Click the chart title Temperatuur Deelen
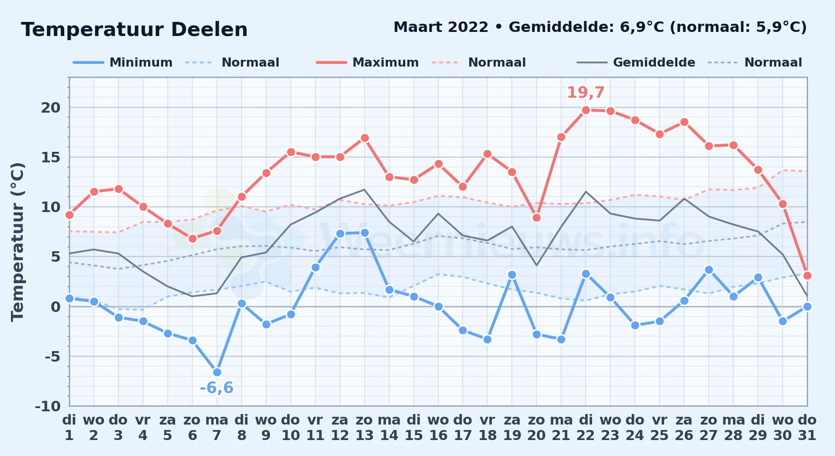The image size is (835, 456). [134, 30]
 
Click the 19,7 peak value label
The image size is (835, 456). [586, 93]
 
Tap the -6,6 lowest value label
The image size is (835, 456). [217, 388]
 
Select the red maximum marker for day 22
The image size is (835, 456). [586, 110]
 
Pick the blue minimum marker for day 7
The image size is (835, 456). [217, 372]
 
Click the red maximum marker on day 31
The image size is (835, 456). [807, 275]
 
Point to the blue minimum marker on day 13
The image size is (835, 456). [365, 233]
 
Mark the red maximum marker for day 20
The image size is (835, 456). [536, 218]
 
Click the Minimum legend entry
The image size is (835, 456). [123, 62]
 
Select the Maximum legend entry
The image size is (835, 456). [367, 62]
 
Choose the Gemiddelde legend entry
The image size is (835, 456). [636, 62]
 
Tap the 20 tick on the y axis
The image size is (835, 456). [51, 108]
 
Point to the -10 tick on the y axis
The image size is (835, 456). [47, 406]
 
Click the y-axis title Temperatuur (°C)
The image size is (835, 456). [17, 242]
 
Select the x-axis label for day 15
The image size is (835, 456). [414, 427]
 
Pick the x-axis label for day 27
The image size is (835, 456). [709, 427]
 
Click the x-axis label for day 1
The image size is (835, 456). [69, 427]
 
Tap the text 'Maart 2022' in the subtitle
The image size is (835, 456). [441, 27]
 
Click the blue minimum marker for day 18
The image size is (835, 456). [487, 339]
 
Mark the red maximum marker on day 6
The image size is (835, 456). [192, 238]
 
